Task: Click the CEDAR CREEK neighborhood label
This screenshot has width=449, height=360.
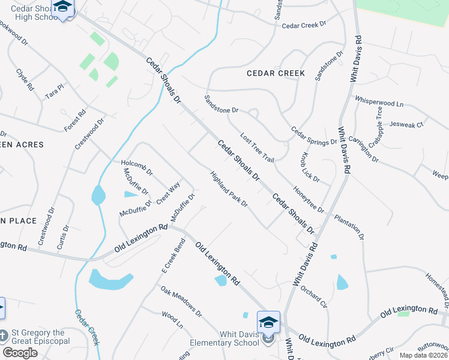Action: click(276, 73)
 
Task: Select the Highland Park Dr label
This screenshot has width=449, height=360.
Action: click(229, 190)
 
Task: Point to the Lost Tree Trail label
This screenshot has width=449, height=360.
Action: click(257, 148)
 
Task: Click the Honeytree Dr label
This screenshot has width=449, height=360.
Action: click(308, 198)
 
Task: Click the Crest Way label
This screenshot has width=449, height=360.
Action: click(168, 193)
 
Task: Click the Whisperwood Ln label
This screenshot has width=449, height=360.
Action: click(379, 101)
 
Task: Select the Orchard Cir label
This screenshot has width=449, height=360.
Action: click(314, 296)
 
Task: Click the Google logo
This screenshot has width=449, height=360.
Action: click(20, 353)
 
